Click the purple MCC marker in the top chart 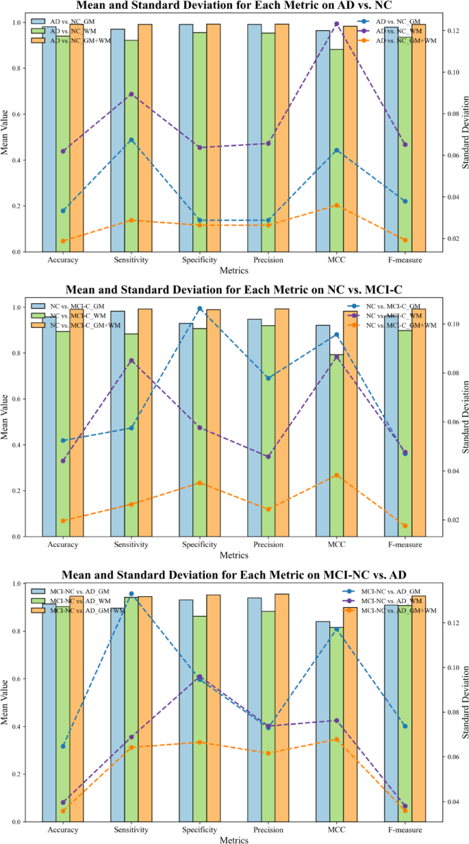pyautogui.click(x=336, y=24)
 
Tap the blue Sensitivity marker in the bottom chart pyautogui.click(x=131, y=593)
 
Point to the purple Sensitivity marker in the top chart pyautogui.click(x=131, y=94)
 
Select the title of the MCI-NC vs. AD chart pyautogui.click(x=234, y=574)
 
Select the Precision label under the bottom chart pyautogui.click(x=268, y=830)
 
